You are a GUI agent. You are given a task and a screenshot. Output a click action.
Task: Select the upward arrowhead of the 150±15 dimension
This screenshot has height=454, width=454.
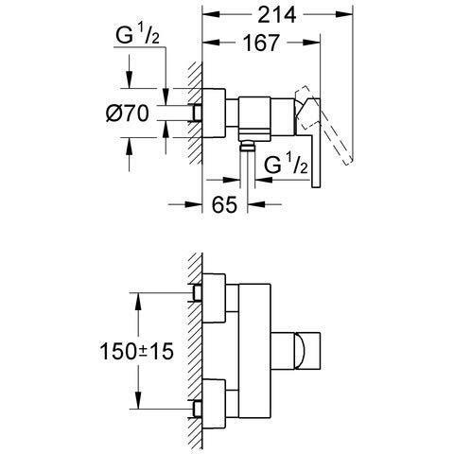click(140, 297)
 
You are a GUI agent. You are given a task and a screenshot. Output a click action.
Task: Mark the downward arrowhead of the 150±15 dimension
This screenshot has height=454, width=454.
click(140, 401)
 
